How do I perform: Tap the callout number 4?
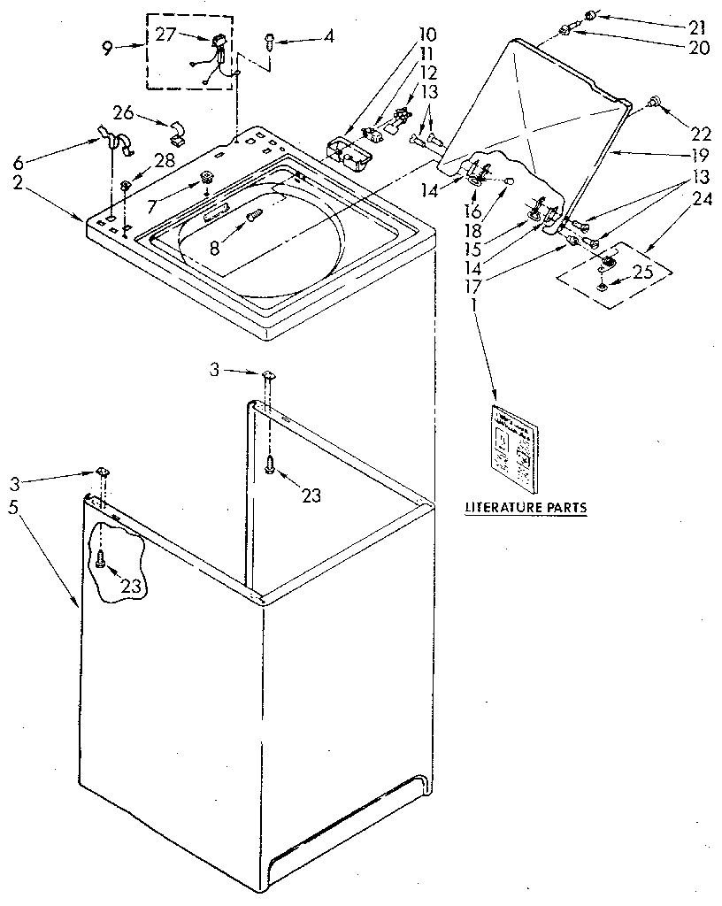click(x=329, y=37)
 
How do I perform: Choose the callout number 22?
click(x=701, y=134)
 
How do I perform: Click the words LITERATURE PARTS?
click(x=526, y=508)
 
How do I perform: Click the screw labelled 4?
click(x=270, y=39)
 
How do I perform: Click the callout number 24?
click(x=701, y=200)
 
